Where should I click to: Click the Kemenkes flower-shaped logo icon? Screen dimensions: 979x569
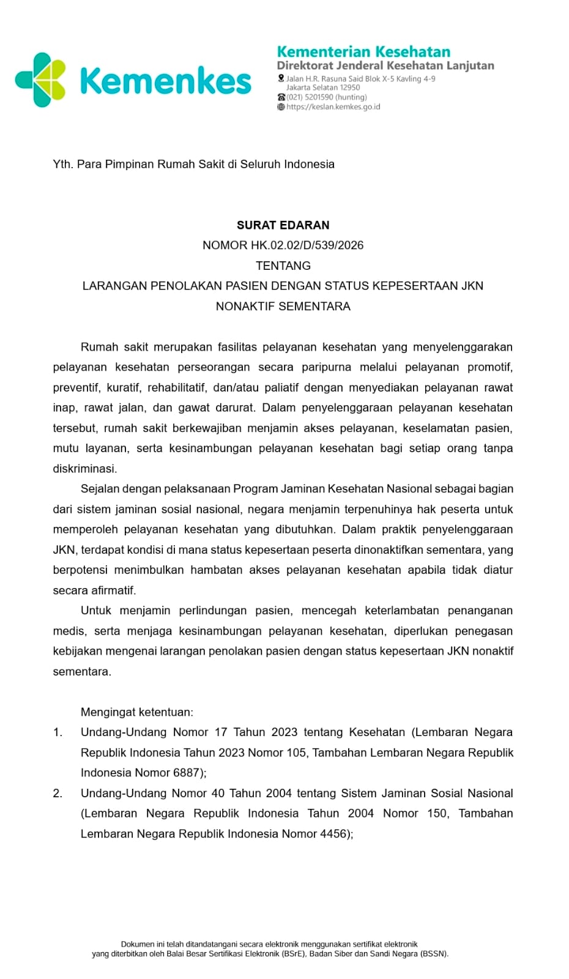click(40, 80)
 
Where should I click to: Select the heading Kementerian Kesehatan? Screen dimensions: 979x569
click(363, 51)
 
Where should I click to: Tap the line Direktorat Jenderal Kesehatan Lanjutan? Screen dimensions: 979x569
click(385, 65)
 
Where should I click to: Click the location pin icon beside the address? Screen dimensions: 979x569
click(281, 78)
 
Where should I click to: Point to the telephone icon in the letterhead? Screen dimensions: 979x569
click(281, 97)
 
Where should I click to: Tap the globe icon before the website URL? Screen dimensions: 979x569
click(281, 106)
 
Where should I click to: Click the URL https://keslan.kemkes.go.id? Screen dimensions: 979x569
click(333, 106)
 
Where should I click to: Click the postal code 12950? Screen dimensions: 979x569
click(350, 87)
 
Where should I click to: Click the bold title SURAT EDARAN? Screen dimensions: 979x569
click(283, 225)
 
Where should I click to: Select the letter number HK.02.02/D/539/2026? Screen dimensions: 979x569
click(307, 245)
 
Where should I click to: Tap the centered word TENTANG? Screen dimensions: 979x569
click(283, 266)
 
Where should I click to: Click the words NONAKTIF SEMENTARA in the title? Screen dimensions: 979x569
click(283, 306)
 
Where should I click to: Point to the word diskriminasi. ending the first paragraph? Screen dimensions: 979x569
click(84, 469)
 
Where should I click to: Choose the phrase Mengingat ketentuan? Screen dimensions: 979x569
click(137, 712)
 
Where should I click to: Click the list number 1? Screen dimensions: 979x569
click(58, 732)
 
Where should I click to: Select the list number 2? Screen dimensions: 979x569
click(58, 794)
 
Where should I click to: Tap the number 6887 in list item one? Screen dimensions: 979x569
click(185, 773)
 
